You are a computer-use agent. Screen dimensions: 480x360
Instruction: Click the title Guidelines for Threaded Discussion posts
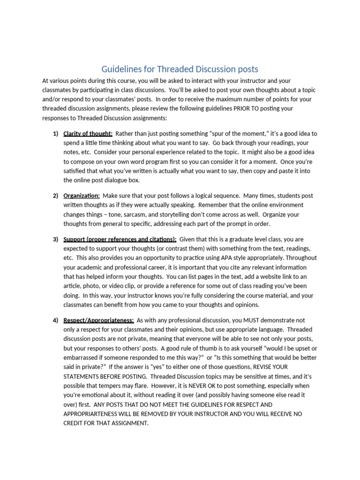pos(180,69)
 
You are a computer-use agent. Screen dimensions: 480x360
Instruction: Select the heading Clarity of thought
pos(88,134)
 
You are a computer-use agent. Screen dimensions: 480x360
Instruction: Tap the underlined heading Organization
pos(81,195)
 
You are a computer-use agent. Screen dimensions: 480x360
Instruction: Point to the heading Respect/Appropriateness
pos(98,320)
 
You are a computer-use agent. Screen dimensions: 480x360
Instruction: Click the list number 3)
pos(55,239)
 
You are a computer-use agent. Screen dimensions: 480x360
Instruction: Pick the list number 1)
pos(55,134)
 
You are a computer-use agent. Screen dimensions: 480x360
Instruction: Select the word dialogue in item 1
pos(123,180)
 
